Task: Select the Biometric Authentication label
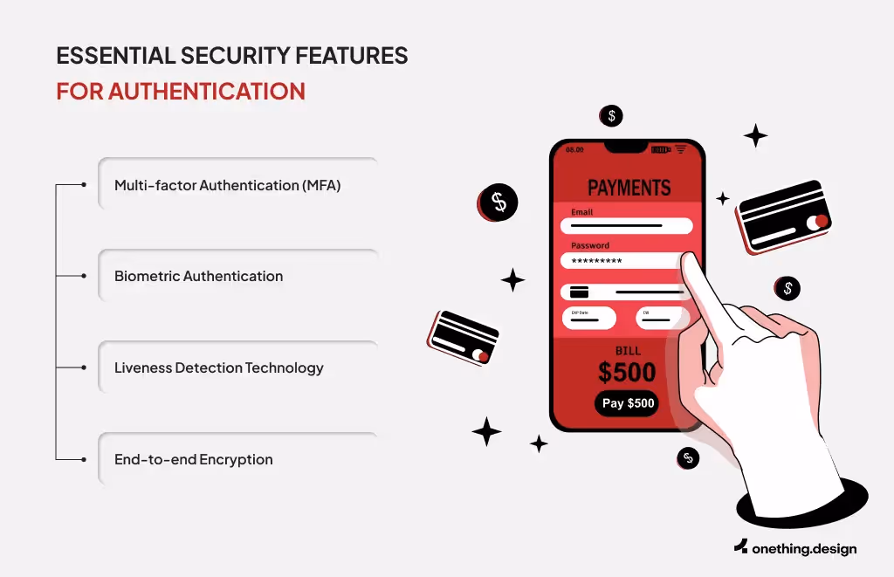[199, 276]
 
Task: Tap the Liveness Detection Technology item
[218, 367]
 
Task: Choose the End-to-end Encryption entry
[194, 459]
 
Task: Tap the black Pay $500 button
[627, 403]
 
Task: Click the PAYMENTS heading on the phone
[629, 188]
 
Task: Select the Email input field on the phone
[626, 226]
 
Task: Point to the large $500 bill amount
[627, 373]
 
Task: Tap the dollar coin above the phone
[611, 115]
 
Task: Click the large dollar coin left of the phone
[499, 203]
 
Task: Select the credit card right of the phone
[783, 216]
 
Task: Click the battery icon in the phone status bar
[661, 150]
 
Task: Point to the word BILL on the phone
[627, 351]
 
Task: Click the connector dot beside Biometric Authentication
[83, 276]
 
